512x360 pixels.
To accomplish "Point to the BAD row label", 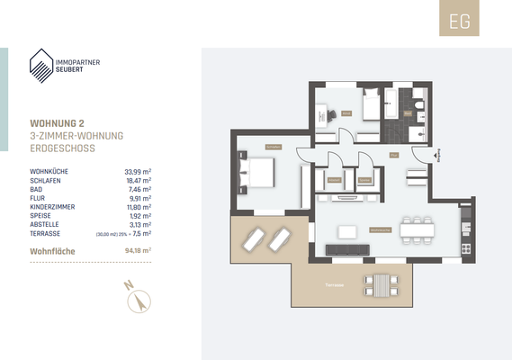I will tap(37, 189).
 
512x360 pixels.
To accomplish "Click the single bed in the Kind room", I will tap(372, 106).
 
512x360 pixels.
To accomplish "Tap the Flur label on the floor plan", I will tap(393, 156).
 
